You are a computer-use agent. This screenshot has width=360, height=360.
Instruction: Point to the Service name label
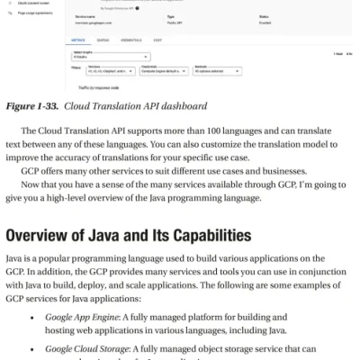point(85,15)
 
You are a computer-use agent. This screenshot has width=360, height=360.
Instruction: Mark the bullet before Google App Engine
point(33,318)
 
